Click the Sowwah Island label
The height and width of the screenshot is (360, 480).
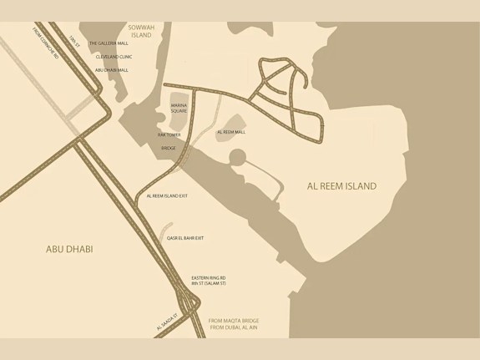(140, 31)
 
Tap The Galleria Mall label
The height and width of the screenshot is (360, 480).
(109, 43)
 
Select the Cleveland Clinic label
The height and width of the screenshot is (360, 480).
(114, 57)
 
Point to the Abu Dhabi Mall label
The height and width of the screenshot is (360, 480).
(112, 70)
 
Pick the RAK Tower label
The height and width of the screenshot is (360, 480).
(169, 134)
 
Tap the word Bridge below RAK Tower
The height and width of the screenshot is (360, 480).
(169, 148)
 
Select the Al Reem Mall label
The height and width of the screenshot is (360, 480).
(231, 132)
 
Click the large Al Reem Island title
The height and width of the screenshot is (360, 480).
(341, 186)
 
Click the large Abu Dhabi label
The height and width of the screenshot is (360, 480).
(69, 249)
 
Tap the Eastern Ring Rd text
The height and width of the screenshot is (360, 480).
(209, 277)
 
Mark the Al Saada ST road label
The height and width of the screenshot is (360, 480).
(167, 322)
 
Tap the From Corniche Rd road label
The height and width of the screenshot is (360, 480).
(43, 43)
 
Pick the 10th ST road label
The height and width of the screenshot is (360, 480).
(75, 42)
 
